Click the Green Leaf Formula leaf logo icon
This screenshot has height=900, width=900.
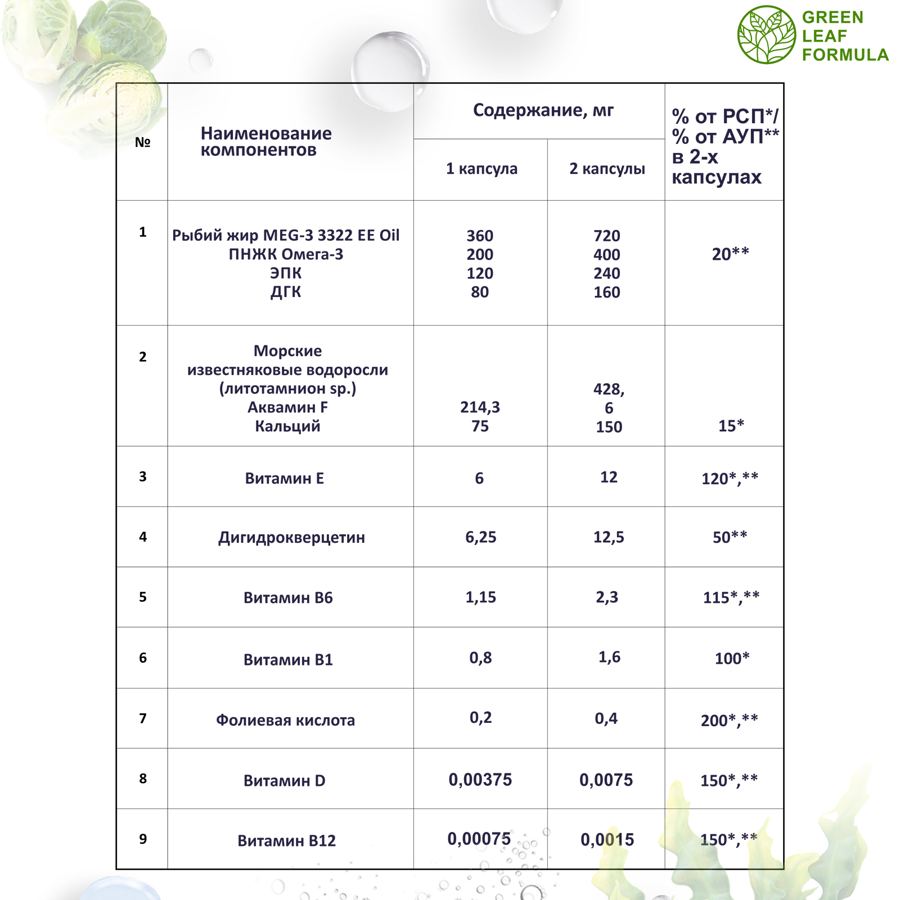[766, 35]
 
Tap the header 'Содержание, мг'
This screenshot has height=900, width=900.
[543, 110]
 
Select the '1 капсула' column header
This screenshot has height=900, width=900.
[481, 169]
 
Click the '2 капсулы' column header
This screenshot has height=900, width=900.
[607, 169]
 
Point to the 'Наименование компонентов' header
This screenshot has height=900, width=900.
[266, 142]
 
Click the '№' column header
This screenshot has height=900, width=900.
[142, 142]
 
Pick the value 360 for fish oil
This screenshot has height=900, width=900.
[480, 236]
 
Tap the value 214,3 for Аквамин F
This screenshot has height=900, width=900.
[480, 407]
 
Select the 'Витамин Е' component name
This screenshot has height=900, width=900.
[285, 478]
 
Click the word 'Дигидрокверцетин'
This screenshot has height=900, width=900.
[291, 538]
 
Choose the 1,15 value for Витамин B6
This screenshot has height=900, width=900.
[480, 597]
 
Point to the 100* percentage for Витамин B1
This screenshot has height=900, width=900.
[732, 658]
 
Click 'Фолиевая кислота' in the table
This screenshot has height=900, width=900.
[285, 720]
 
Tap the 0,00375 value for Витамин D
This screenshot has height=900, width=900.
[480, 780]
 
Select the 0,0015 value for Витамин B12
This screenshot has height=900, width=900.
[607, 840]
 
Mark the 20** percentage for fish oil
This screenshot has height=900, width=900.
[730, 254]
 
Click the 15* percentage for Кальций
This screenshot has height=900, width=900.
[731, 426]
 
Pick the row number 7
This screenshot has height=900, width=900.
[143, 718]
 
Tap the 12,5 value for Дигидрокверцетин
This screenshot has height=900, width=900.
[609, 537]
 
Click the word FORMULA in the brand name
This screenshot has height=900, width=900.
[845, 55]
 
